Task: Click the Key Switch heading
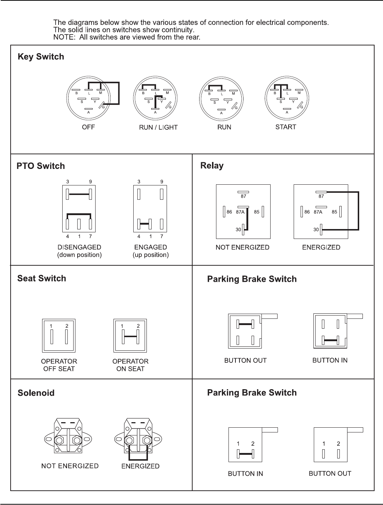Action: tap(41, 57)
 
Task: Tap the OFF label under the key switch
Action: tap(89, 127)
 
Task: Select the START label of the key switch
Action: tap(286, 127)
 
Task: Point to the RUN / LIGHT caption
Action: tap(158, 128)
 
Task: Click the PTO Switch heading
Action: tap(41, 166)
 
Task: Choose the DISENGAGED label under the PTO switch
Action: tap(79, 247)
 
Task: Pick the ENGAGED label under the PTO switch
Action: tap(150, 247)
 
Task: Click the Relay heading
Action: tap(212, 166)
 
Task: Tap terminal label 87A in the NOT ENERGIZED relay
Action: tap(240, 212)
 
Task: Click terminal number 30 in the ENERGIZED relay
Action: tap(316, 230)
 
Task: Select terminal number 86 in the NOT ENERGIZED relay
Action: tap(229, 212)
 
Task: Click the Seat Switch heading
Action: tap(42, 279)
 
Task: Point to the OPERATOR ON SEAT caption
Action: tap(130, 365)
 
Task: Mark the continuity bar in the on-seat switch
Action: tap(131, 336)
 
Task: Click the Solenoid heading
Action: tap(36, 393)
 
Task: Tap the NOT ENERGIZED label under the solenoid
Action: tap(70, 466)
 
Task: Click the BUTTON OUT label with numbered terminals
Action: tap(330, 473)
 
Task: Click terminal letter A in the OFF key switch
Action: tap(89, 113)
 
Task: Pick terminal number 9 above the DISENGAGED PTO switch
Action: tap(90, 181)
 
